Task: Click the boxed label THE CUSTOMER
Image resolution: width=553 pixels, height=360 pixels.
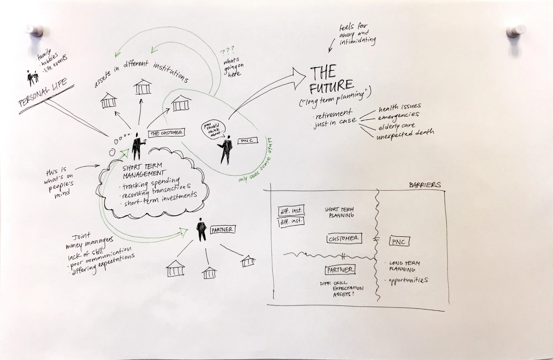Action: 166,133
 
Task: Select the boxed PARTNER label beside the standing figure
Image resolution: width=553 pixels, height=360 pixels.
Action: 223,230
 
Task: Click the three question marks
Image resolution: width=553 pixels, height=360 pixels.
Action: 227,51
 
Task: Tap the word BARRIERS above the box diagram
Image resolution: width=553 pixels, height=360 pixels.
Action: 425,185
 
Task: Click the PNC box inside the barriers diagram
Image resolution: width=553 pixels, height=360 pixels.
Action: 399,242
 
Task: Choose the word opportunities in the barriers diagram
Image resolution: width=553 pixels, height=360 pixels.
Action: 408,281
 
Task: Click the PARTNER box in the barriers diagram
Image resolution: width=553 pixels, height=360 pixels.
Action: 340,270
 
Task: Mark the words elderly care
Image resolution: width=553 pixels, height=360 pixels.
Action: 397,126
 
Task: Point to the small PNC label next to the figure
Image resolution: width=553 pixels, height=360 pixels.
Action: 247,141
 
